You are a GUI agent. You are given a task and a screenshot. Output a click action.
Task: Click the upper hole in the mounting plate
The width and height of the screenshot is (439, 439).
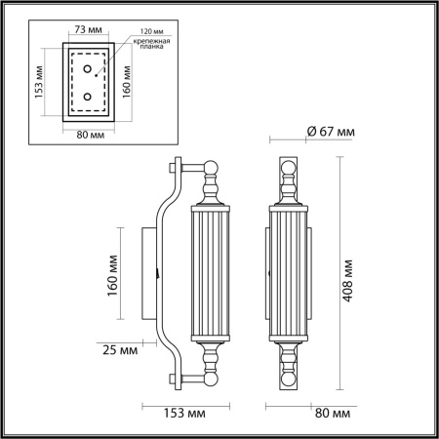89,70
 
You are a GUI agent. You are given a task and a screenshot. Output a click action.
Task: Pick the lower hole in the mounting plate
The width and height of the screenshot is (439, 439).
89,97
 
